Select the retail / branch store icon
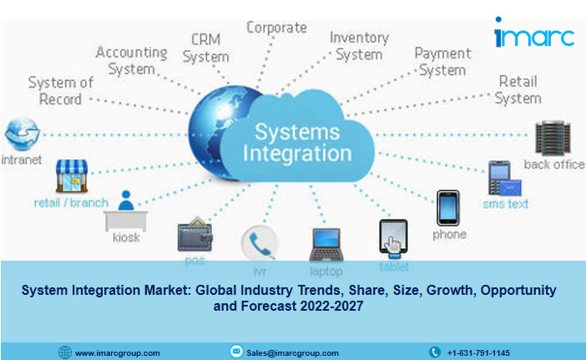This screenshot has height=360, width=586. pos(72,176)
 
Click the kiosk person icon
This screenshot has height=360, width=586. pos(126,212)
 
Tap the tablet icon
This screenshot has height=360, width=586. pos(392,239)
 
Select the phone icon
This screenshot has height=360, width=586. pos(448,208)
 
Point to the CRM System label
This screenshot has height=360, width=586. pos(205,48)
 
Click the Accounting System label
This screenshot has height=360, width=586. pos(131,60)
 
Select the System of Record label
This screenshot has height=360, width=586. pos(61,90)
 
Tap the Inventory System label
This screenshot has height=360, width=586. pos(359,45)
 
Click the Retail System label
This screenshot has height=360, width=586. pos(518,89)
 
